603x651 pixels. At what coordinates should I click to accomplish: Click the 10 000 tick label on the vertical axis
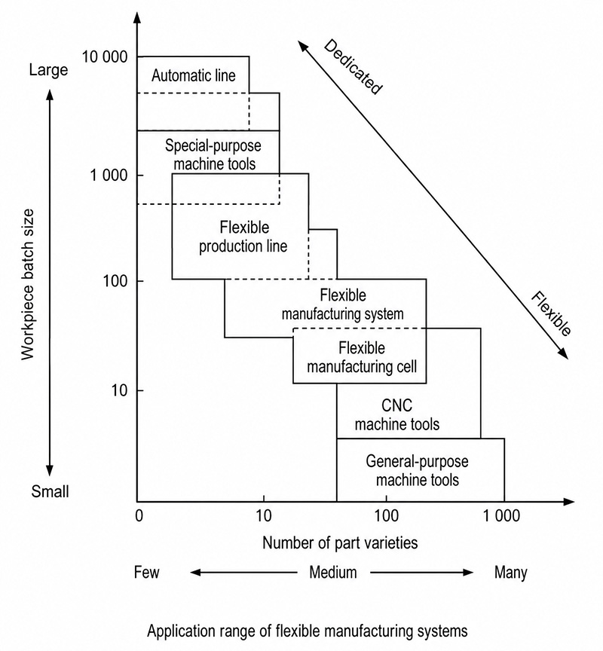point(105,57)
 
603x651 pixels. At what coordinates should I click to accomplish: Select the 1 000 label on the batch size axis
point(109,176)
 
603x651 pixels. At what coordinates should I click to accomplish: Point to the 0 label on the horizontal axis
point(139,515)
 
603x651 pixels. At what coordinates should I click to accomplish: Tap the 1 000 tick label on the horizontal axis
point(501,515)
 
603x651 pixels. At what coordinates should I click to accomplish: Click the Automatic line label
point(194,75)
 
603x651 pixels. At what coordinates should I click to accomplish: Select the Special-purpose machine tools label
point(213,154)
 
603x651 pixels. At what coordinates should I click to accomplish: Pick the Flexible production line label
point(243,237)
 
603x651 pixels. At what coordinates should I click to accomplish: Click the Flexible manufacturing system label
point(343,304)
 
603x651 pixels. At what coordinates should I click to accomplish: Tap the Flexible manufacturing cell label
point(362,357)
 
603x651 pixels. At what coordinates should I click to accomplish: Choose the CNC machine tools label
point(397,414)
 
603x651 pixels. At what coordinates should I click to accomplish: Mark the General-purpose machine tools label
point(418,470)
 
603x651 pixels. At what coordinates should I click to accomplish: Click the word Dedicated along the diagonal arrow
point(353,67)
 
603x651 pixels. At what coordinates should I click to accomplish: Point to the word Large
point(48,70)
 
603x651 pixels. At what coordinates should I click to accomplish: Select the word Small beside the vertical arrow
point(50,491)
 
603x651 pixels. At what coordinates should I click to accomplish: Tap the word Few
point(146,572)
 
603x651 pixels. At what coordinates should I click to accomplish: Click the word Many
point(511,573)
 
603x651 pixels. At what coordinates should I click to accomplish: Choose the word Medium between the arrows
point(333,572)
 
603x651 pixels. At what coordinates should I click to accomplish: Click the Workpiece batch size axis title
point(28,284)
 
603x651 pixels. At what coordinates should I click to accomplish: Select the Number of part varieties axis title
point(340,542)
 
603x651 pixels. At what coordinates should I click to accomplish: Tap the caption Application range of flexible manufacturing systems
point(308,631)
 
